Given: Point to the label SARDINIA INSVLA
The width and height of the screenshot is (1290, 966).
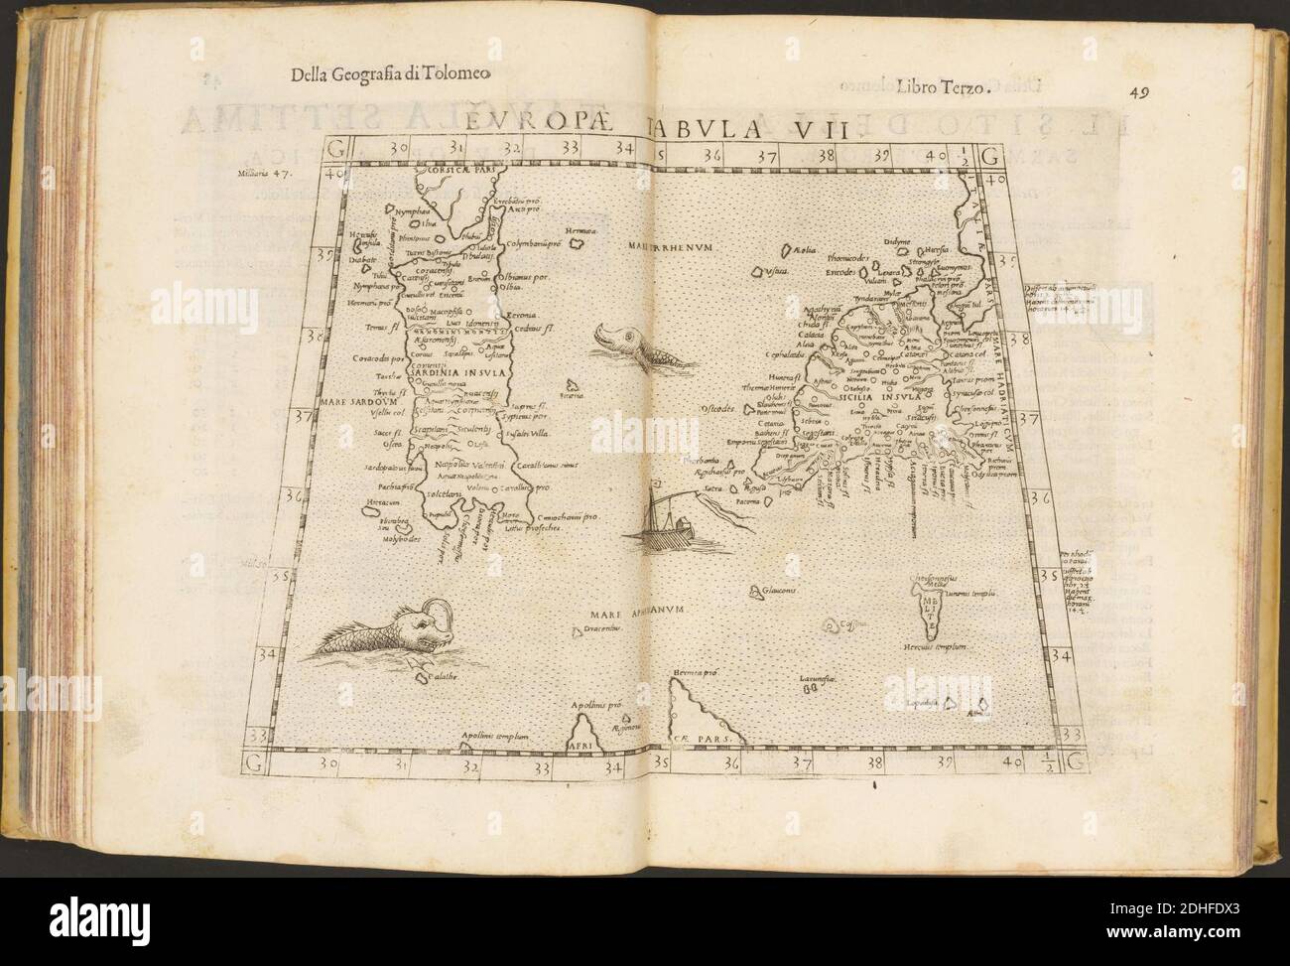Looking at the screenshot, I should point(456,372).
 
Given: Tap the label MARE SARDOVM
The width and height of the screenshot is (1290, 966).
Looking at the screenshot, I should point(356,403).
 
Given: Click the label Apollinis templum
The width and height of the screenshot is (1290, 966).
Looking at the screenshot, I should point(502,736).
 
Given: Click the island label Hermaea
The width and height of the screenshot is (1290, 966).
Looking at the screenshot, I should point(579,230).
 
